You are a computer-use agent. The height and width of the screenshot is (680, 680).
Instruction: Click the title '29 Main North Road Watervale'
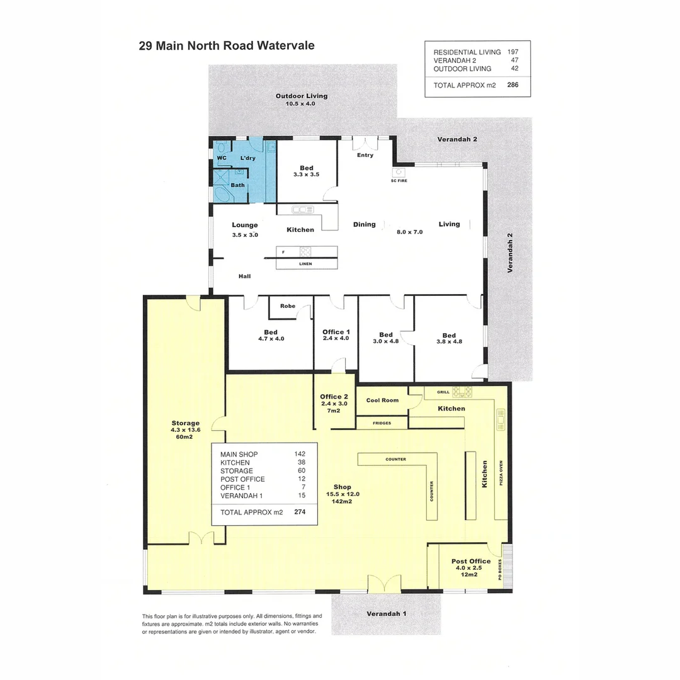[226, 46]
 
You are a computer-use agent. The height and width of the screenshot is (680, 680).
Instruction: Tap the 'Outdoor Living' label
[301, 96]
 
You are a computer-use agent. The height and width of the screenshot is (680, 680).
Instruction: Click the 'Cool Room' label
[382, 400]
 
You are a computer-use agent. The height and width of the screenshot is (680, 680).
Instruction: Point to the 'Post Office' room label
[470, 561]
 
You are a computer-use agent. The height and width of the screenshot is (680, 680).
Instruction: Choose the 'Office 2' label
[334, 397]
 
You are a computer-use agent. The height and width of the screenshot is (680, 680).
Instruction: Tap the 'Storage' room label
[185, 423]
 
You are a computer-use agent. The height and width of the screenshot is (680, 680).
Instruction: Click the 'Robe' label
[288, 306]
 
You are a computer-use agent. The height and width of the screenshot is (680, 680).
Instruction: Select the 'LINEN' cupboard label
[305, 263]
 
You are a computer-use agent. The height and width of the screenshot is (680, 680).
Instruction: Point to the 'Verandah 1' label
[386, 613]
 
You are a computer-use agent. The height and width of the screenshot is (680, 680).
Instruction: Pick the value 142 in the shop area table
[300, 454]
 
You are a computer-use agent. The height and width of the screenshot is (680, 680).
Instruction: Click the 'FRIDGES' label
[382, 423]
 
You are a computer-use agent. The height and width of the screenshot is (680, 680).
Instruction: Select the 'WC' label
[222, 158]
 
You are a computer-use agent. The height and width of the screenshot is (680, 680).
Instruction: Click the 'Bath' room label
[237, 185]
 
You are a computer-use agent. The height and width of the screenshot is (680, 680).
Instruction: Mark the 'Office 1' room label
[336, 332]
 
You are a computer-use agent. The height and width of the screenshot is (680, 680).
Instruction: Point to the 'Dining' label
[364, 224]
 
